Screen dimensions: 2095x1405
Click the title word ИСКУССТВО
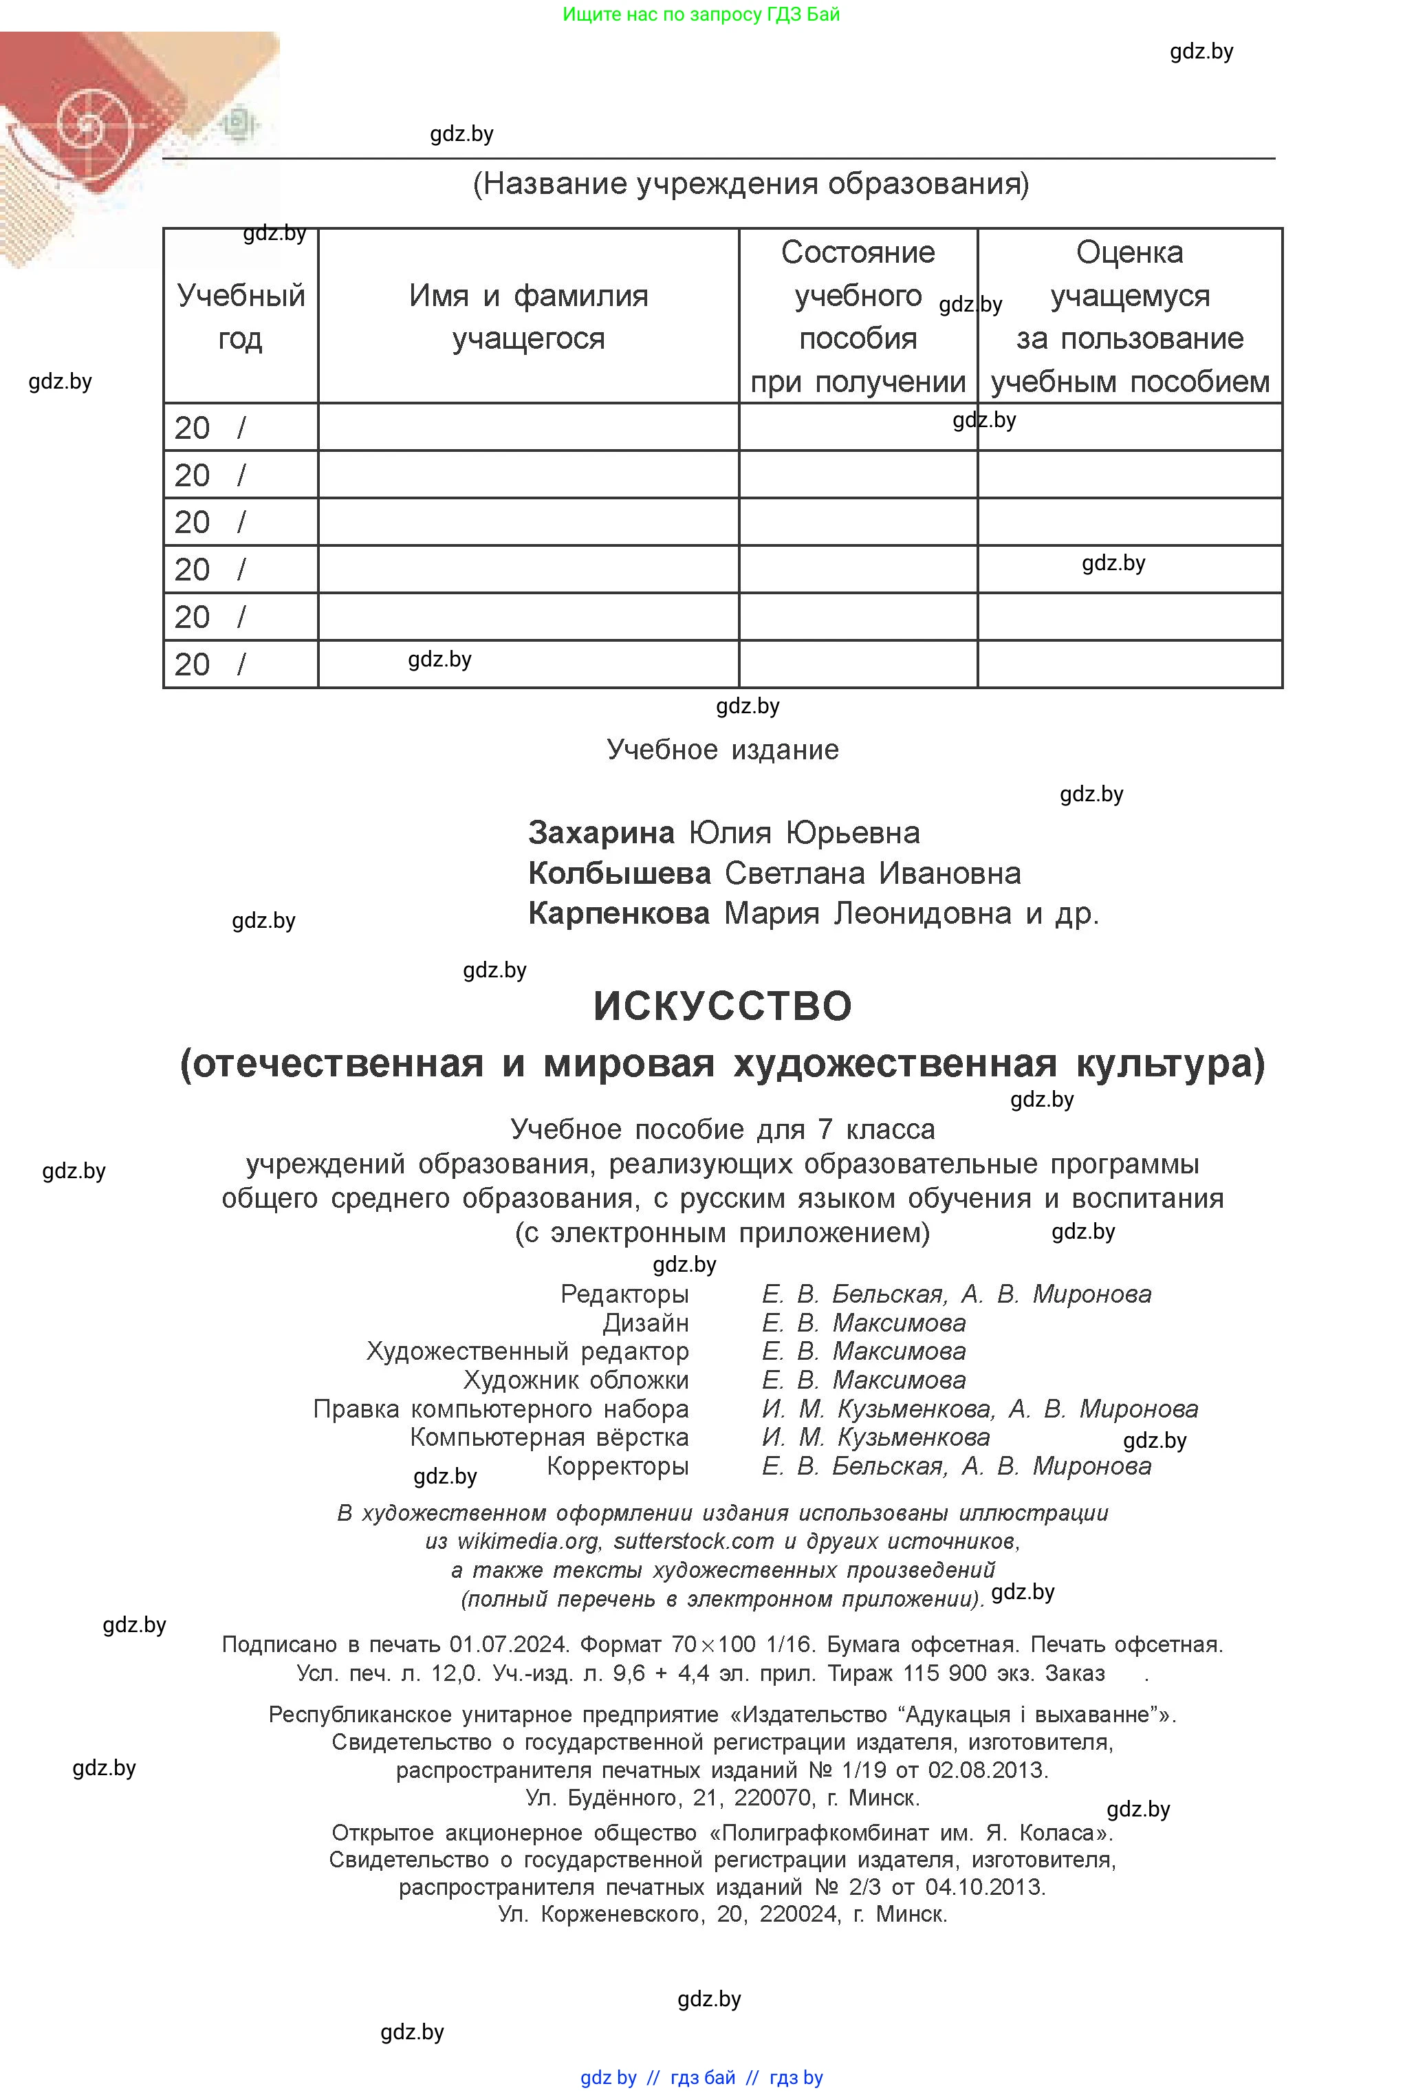(x=722, y=1006)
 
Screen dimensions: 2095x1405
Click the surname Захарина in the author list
(x=600, y=832)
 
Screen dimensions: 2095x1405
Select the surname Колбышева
(x=619, y=873)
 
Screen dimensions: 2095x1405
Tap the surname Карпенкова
(x=618, y=913)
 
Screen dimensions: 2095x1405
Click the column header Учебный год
(x=240, y=316)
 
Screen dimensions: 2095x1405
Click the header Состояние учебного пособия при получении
(x=858, y=316)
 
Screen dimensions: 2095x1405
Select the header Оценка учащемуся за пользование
(x=1130, y=316)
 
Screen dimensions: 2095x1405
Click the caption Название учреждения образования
(x=751, y=184)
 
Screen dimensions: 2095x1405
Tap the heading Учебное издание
(x=722, y=749)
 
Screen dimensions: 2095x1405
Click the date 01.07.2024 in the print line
(x=508, y=1644)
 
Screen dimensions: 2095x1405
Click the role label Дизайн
(x=645, y=1323)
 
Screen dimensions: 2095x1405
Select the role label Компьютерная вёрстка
(x=549, y=1437)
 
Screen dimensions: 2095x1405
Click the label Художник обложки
(x=576, y=1380)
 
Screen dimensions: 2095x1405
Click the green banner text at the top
(x=701, y=14)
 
